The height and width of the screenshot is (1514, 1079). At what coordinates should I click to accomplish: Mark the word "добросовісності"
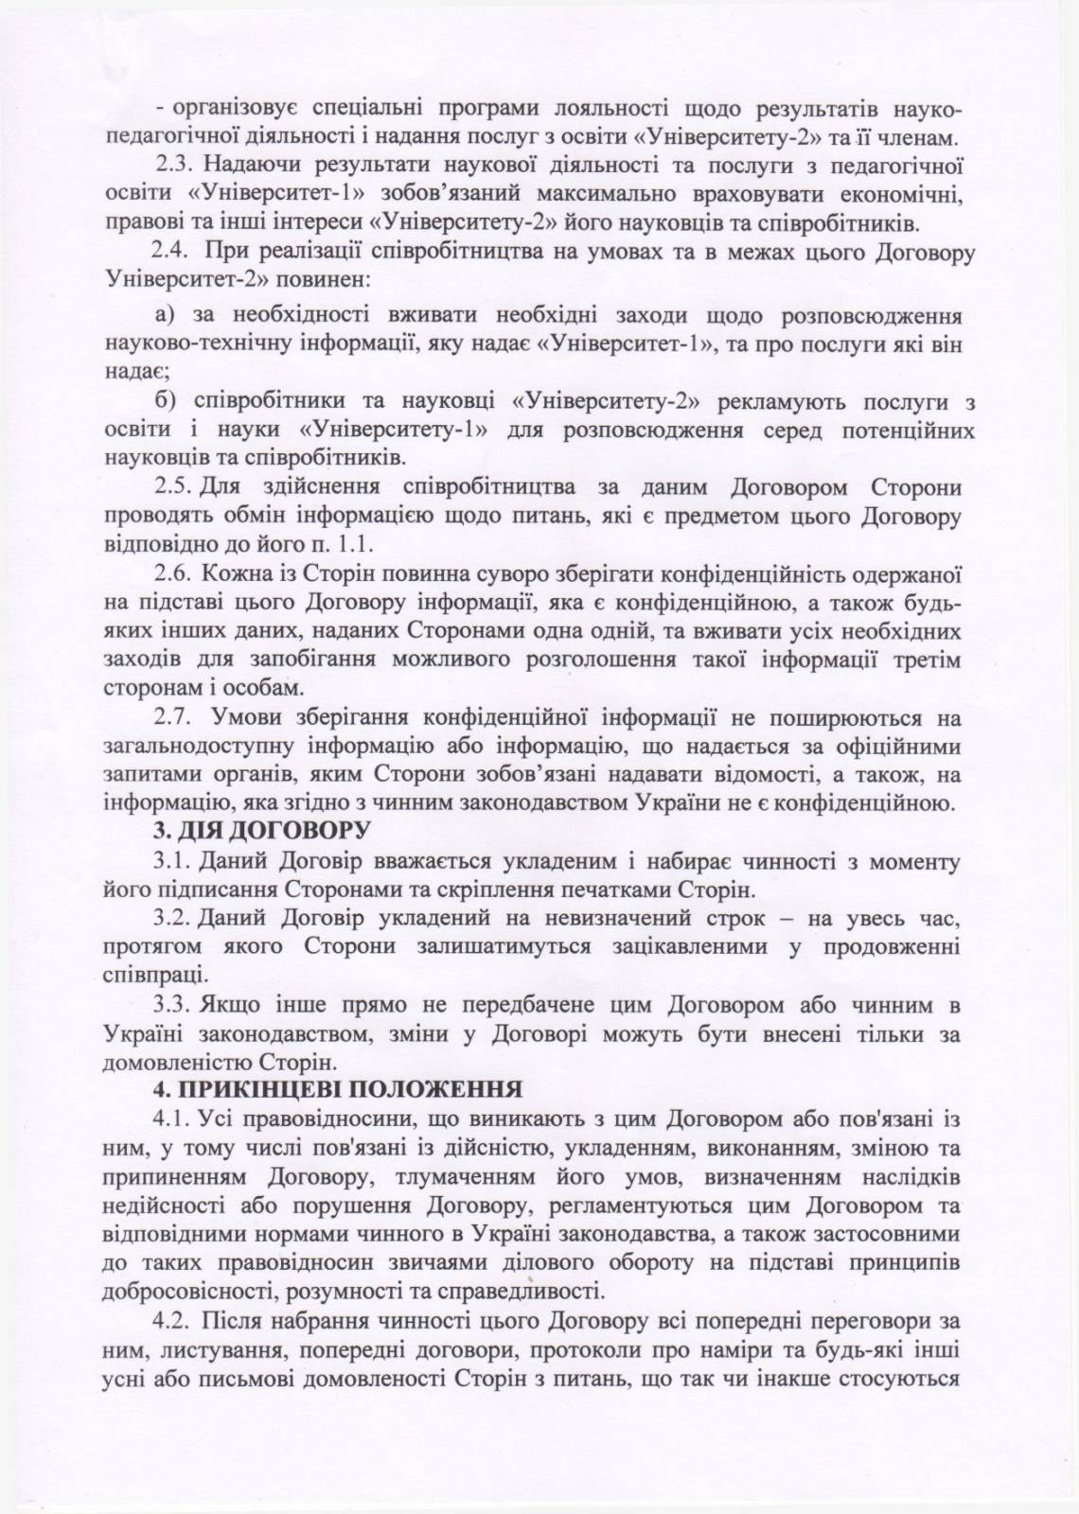coord(189,1291)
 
